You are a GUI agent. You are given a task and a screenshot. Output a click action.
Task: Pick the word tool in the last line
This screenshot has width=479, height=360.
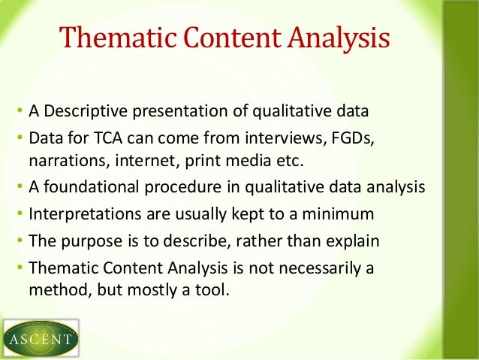(x=212, y=288)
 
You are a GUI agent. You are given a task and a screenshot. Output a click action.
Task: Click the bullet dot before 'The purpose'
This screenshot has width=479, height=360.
(x=20, y=242)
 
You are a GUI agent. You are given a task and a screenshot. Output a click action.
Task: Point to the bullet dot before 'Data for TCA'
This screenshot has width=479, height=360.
(x=20, y=141)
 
